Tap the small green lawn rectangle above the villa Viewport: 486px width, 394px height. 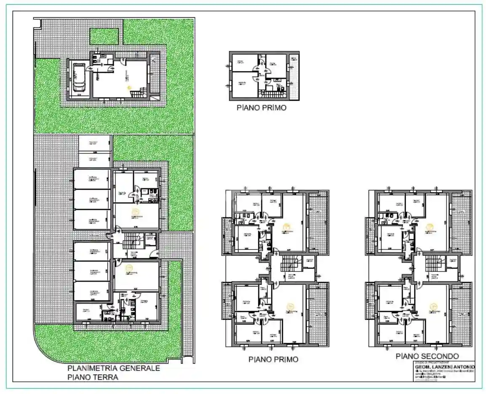click(x=104, y=36)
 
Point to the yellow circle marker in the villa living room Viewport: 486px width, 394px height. click(x=130, y=87)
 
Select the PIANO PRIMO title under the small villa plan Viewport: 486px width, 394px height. click(x=262, y=108)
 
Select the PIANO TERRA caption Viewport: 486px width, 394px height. click(x=93, y=377)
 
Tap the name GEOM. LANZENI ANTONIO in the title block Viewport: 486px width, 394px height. click(x=444, y=367)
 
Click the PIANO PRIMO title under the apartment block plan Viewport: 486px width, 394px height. click(x=273, y=359)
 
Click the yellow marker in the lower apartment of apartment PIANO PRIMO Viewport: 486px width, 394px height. click(x=289, y=307)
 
